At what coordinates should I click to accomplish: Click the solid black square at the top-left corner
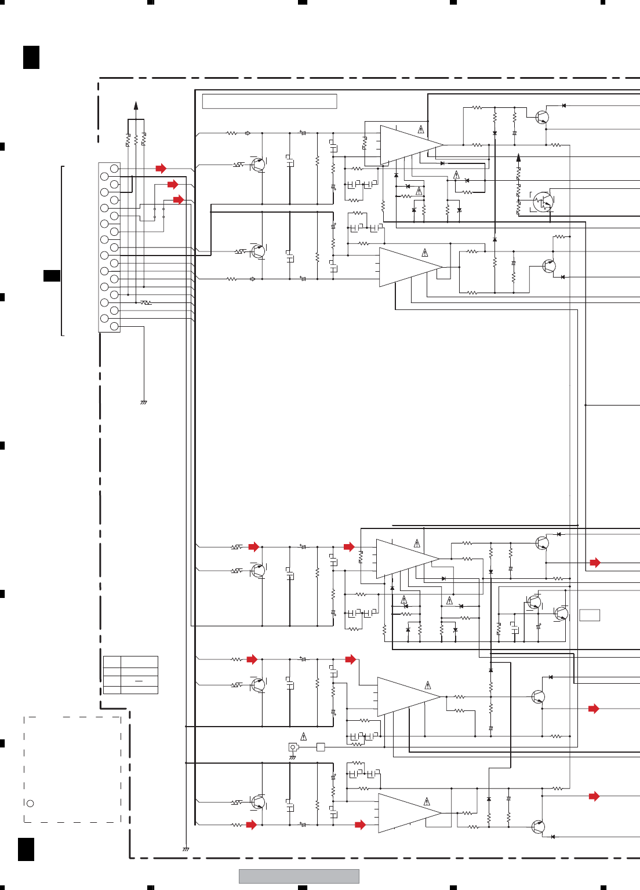(31, 57)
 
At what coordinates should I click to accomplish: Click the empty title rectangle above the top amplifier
(270, 101)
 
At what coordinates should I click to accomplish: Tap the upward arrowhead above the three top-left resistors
(136, 105)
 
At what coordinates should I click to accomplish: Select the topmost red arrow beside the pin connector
(161, 169)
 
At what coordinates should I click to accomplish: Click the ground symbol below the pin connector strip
(144, 402)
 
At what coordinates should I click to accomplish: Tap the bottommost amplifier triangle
(409, 813)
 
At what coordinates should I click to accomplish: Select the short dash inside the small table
(139, 681)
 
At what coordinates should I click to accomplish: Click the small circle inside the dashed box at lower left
(30, 803)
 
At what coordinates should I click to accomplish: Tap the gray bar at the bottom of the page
(299, 876)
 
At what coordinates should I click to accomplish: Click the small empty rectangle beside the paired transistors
(590, 615)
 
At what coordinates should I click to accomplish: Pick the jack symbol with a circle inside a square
(293, 747)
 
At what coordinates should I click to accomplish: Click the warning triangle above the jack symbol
(303, 737)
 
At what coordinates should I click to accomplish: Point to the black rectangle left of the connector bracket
(52, 276)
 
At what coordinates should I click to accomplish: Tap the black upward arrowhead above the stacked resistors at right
(518, 157)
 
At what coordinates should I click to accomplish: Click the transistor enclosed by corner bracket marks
(543, 202)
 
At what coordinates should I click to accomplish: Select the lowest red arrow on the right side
(594, 797)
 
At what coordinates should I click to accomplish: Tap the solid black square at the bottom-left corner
(26, 849)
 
